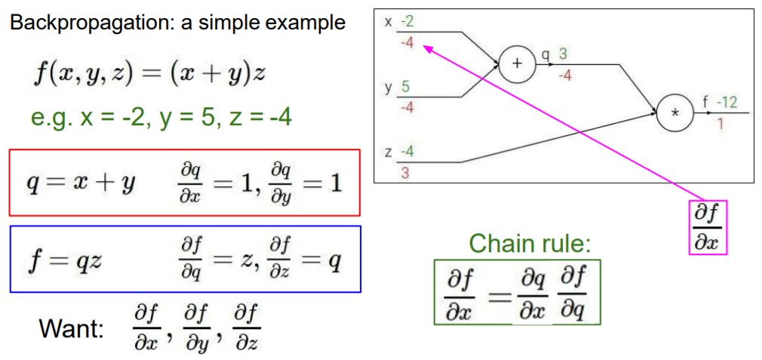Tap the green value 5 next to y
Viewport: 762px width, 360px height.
pyautogui.click(x=406, y=86)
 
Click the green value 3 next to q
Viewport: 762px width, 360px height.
pyautogui.click(x=560, y=54)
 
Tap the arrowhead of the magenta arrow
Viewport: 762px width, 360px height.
pyautogui.click(x=426, y=48)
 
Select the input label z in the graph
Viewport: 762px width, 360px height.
pyautogui.click(x=388, y=151)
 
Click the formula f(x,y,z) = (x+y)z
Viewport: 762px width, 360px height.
pyautogui.click(x=140, y=75)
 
